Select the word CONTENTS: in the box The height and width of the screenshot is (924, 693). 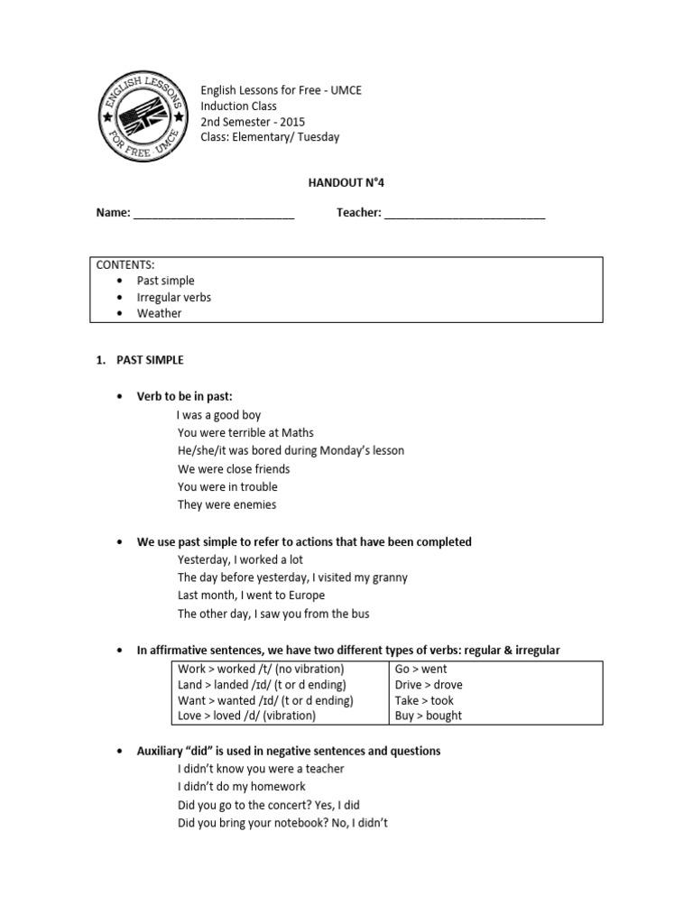click(125, 265)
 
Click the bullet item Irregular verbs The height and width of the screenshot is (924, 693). click(173, 297)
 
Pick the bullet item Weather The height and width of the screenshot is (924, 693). click(159, 313)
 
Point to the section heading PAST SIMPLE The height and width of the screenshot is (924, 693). click(150, 360)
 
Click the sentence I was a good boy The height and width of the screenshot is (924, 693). click(219, 415)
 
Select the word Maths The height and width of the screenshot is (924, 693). click(297, 433)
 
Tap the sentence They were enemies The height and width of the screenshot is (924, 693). click(226, 504)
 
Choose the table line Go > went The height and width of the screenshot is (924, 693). click(420, 669)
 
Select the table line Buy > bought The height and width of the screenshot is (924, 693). click(429, 716)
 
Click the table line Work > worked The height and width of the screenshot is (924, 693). click(261, 669)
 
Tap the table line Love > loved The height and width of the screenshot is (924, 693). click(247, 716)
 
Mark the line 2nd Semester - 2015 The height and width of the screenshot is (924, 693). click(253, 122)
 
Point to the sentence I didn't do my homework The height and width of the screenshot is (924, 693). click(241, 787)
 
